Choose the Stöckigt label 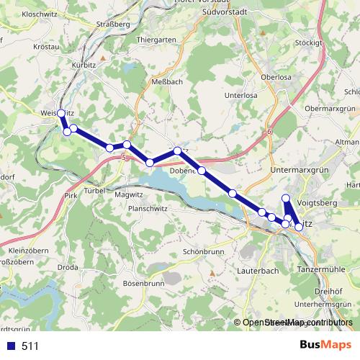point(308,42)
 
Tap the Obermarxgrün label point(331,109)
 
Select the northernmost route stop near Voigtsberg point(286,198)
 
